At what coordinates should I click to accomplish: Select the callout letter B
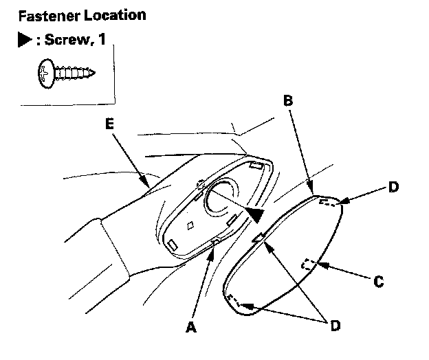288,101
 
